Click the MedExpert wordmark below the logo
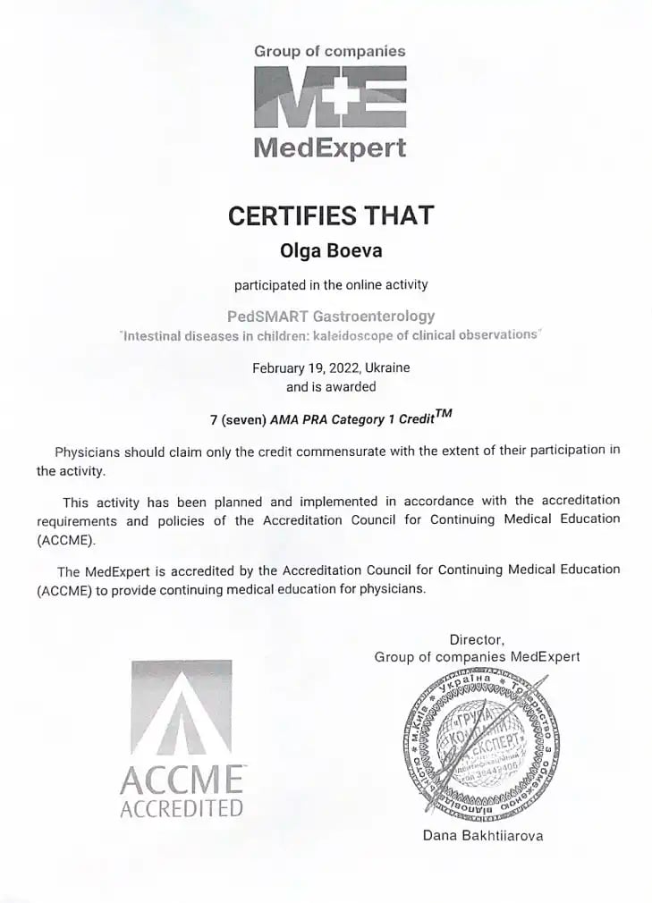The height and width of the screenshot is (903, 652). (x=330, y=148)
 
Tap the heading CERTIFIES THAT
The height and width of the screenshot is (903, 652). (x=331, y=215)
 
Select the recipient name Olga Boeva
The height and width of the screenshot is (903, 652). (x=331, y=250)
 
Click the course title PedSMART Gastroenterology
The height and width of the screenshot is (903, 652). (x=331, y=316)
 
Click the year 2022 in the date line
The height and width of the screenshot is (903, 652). (x=332, y=367)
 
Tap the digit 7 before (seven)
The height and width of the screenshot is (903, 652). (x=213, y=418)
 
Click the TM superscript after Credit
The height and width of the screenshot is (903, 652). (x=444, y=412)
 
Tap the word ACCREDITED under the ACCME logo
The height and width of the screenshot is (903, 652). (x=182, y=810)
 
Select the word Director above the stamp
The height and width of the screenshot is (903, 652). (x=477, y=639)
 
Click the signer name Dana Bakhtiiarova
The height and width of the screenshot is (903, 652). (x=483, y=836)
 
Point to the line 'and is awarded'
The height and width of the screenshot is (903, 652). (x=331, y=386)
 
